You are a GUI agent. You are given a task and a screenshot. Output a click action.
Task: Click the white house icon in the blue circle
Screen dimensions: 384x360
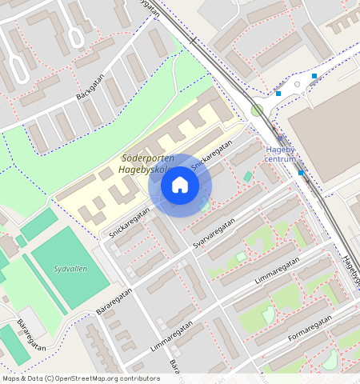tap(180, 185)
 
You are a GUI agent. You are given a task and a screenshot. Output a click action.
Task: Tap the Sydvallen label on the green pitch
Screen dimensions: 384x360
tap(70, 270)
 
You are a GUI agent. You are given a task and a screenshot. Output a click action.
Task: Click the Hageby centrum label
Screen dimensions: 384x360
tap(281, 154)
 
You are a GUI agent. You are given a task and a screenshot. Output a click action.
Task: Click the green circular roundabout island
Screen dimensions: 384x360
tap(257, 110)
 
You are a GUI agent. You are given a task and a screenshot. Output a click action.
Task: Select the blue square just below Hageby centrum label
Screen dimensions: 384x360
tap(301, 173)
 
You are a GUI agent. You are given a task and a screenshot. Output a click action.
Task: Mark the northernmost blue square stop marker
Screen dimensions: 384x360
tap(314, 76)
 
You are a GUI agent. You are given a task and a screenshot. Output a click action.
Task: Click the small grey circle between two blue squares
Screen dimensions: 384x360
tap(297, 84)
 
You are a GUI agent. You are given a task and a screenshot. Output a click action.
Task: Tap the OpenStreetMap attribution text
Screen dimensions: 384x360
tap(80, 378)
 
